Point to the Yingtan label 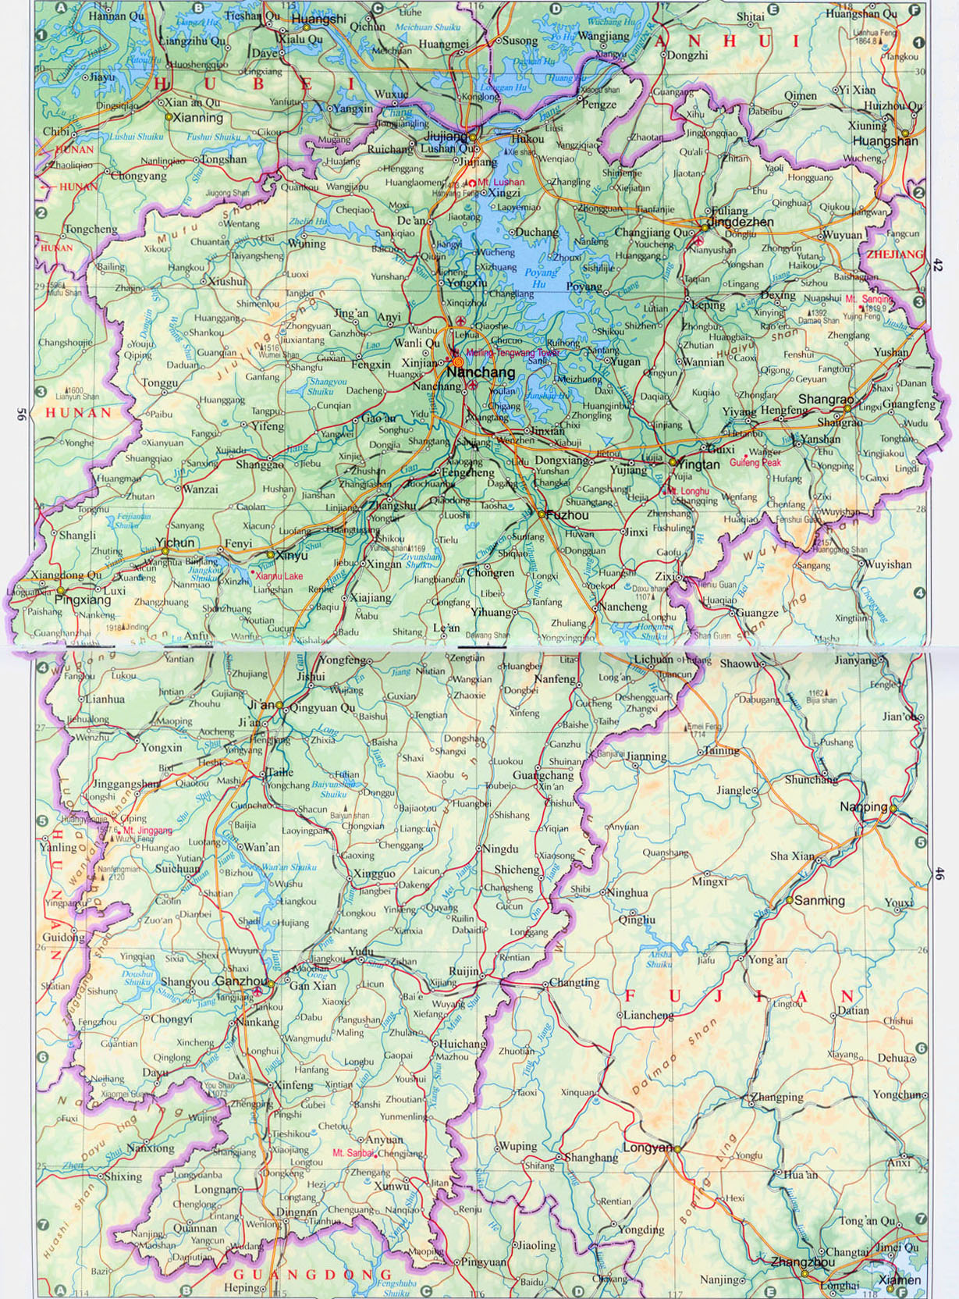point(698,464)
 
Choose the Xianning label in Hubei point(196,118)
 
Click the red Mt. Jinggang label point(147,831)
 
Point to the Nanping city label point(864,806)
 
